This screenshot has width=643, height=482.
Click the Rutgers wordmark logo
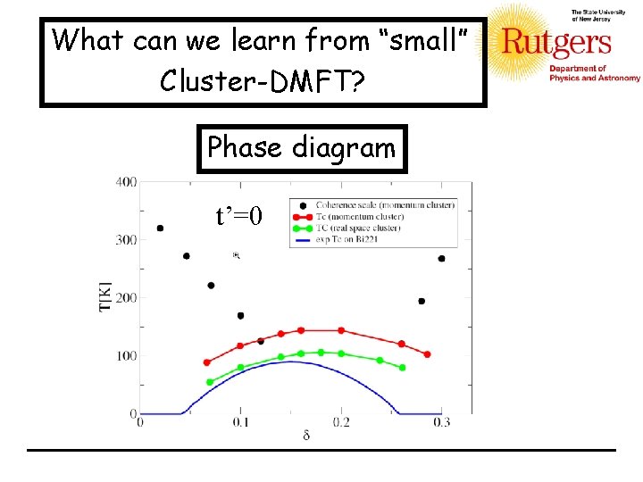(x=556, y=42)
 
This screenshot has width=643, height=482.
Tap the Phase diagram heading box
(x=301, y=147)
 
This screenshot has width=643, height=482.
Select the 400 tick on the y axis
(x=125, y=182)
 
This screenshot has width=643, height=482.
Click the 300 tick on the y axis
(x=125, y=240)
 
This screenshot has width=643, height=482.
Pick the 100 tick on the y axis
(x=125, y=356)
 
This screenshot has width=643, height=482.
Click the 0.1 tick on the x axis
(x=240, y=423)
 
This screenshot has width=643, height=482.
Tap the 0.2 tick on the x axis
(x=341, y=423)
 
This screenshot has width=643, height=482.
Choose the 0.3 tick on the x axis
(x=442, y=423)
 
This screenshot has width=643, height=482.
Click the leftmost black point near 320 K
(x=160, y=229)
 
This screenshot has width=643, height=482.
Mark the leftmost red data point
(x=207, y=362)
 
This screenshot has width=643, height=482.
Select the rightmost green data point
(x=402, y=367)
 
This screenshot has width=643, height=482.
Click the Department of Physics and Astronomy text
(x=594, y=73)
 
